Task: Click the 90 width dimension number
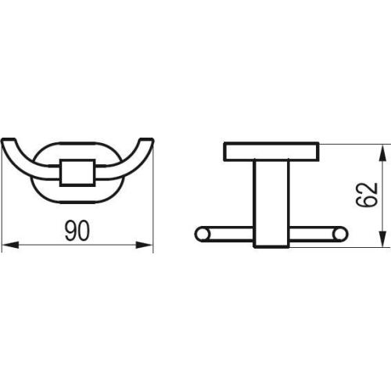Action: point(77,231)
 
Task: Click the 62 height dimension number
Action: point(367,195)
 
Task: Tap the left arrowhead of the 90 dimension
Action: point(10,245)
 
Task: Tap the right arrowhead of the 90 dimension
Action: point(144,245)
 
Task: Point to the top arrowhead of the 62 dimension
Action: point(382,153)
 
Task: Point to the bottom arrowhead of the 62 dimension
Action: point(382,238)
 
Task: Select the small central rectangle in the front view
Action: point(77,173)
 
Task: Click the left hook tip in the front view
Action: point(8,140)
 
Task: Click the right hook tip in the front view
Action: point(147,140)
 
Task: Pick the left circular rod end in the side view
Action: point(202,234)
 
